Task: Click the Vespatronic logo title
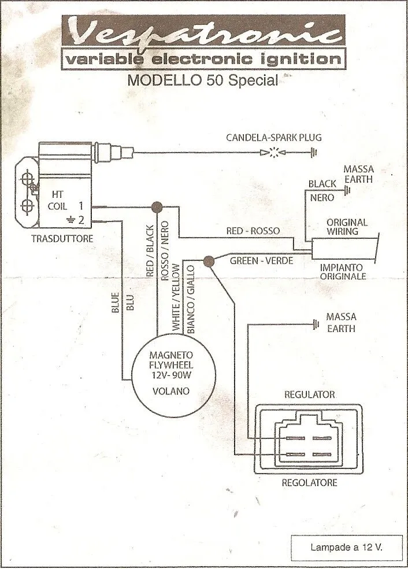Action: coord(202,34)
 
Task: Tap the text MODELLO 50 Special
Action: coord(202,80)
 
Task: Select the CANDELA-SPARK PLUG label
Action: coord(274,138)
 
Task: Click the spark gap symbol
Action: coord(275,153)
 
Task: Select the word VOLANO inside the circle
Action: coord(170,391)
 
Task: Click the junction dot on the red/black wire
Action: coord(155,207)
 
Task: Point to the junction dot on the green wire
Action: coord(209,261)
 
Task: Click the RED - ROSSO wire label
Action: coord(253,231)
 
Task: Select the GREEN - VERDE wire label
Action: coord(262,261)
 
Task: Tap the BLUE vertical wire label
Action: coord(114,303)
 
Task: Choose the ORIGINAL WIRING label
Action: coord(347,227)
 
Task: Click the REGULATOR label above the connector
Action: coord(310,394)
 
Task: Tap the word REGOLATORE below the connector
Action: coord(309,482)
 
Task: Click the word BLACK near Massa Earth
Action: coord(322,184)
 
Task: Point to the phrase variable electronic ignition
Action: coord(202,60)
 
